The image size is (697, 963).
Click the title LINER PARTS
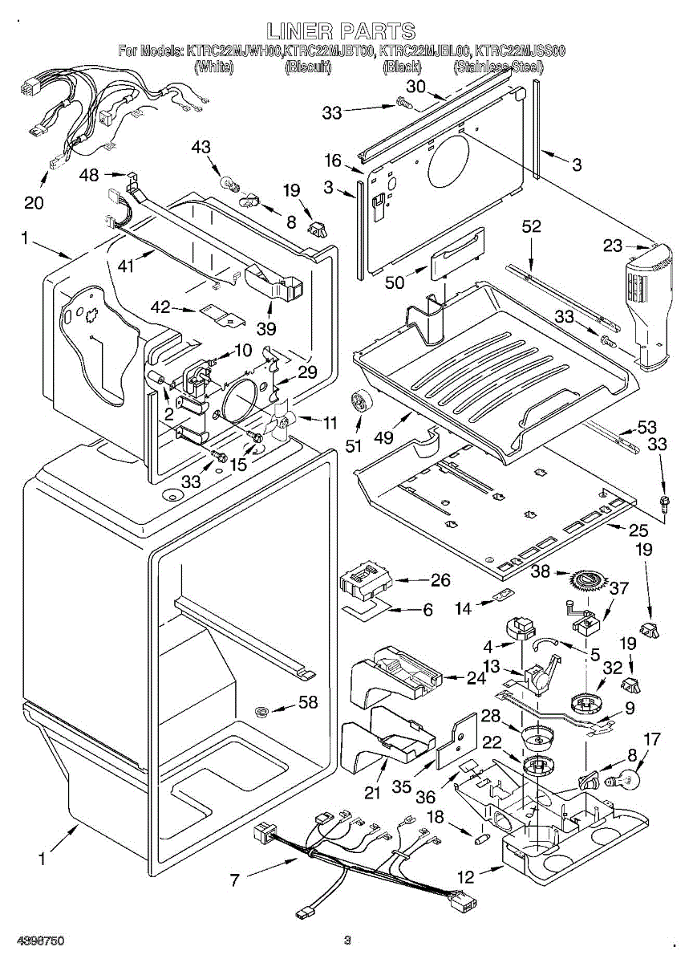pyautogui.click(x=342, y=31)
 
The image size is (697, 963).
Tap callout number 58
pyautogui.click(x=308, y=703)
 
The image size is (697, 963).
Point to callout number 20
pyautogui.click(x=34, y=202)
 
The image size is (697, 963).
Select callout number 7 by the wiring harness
pyautogui.click(x=235, y=880)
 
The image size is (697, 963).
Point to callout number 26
pyautogui.click(x=440, y=579)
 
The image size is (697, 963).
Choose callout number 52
pyautogui.click(x=531, y=227)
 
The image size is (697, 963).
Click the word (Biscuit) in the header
pyautogui.click(x=309, y=68)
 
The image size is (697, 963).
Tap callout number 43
pyautogui.click(x=201, y=147)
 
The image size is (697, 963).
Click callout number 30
pyautogui.click(x=415, y=86)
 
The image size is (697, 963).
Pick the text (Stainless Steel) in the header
pyautogui.click(x=498, y=68)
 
